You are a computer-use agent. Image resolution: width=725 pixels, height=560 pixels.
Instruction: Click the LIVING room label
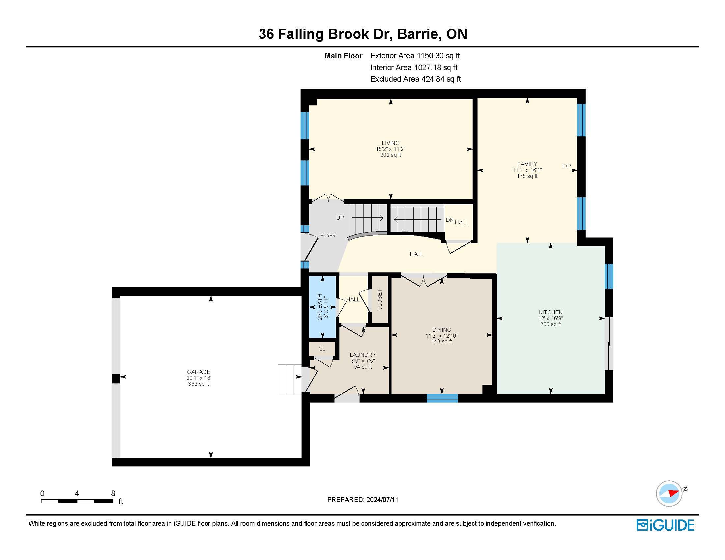click(391, 143)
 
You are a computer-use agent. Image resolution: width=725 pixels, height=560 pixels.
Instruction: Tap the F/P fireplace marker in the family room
click(566, 166)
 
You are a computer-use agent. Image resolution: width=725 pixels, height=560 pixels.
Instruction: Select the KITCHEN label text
click(550, 312)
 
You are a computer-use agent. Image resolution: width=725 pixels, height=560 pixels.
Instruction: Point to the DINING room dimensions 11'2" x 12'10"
click(442, 336)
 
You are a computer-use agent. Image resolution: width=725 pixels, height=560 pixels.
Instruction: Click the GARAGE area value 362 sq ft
click(198, 384)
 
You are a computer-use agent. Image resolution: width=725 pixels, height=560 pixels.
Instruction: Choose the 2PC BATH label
click(320, 307)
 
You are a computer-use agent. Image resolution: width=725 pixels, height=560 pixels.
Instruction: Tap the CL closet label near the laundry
click(322, 349)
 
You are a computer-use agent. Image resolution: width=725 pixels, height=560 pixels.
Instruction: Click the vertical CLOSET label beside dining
click(380, 300)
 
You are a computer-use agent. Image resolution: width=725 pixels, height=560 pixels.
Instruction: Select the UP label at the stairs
click(340, 218)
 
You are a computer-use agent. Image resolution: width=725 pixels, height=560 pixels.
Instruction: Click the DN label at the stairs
click(449, 220)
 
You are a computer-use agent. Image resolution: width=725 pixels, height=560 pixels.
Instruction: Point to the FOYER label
click(328, 236)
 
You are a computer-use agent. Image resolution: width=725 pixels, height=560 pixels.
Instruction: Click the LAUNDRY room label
click(362, 355)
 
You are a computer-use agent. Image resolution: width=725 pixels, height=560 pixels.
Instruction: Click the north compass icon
click(669, 493)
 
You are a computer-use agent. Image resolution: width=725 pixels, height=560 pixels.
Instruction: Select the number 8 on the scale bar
click(113, 493)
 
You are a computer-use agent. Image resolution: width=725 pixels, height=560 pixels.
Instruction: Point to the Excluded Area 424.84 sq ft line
click(416, 79)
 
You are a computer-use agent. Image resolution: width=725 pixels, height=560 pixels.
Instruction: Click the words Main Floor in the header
click(343, 56)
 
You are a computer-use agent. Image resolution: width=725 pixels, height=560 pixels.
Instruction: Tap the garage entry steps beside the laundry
click(289, 379)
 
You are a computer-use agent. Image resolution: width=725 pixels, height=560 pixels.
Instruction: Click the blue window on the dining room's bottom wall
click(442, 398)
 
